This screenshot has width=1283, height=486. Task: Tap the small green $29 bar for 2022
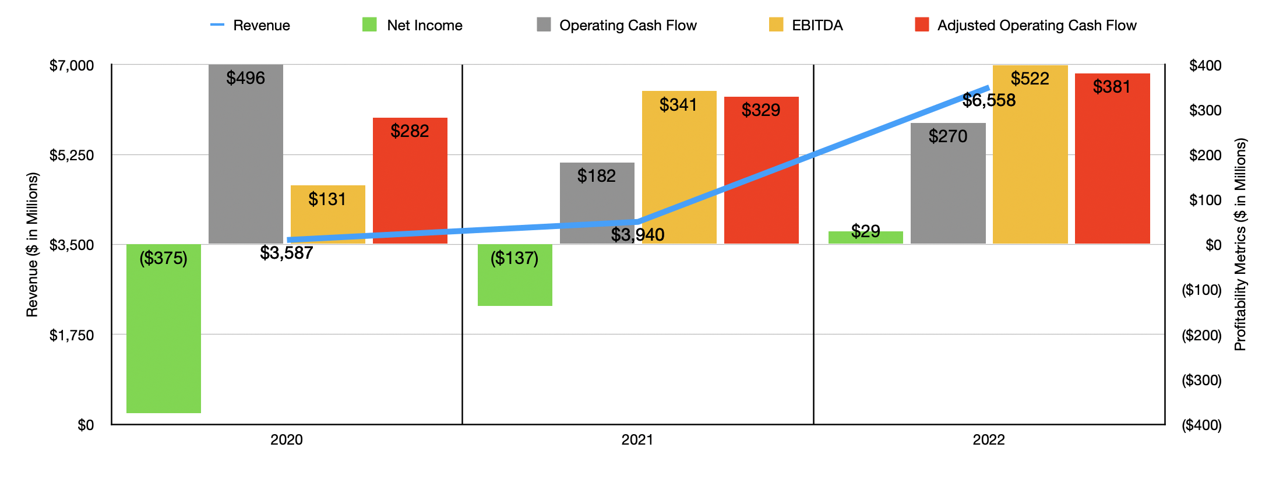click(866, 238)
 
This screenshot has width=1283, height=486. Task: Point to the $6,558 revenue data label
click(989, 100)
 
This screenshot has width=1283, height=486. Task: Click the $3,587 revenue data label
click(287, 253)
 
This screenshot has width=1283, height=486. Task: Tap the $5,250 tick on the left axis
click(72, 155)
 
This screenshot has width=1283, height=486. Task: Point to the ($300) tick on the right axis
click(1201, 380)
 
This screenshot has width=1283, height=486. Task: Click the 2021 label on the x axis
click(637, 439)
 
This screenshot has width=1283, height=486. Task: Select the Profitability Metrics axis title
click(1240, 245)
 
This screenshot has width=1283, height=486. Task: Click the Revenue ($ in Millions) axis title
click(32, 245)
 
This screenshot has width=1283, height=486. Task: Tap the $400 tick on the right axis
click(1205, 65)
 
